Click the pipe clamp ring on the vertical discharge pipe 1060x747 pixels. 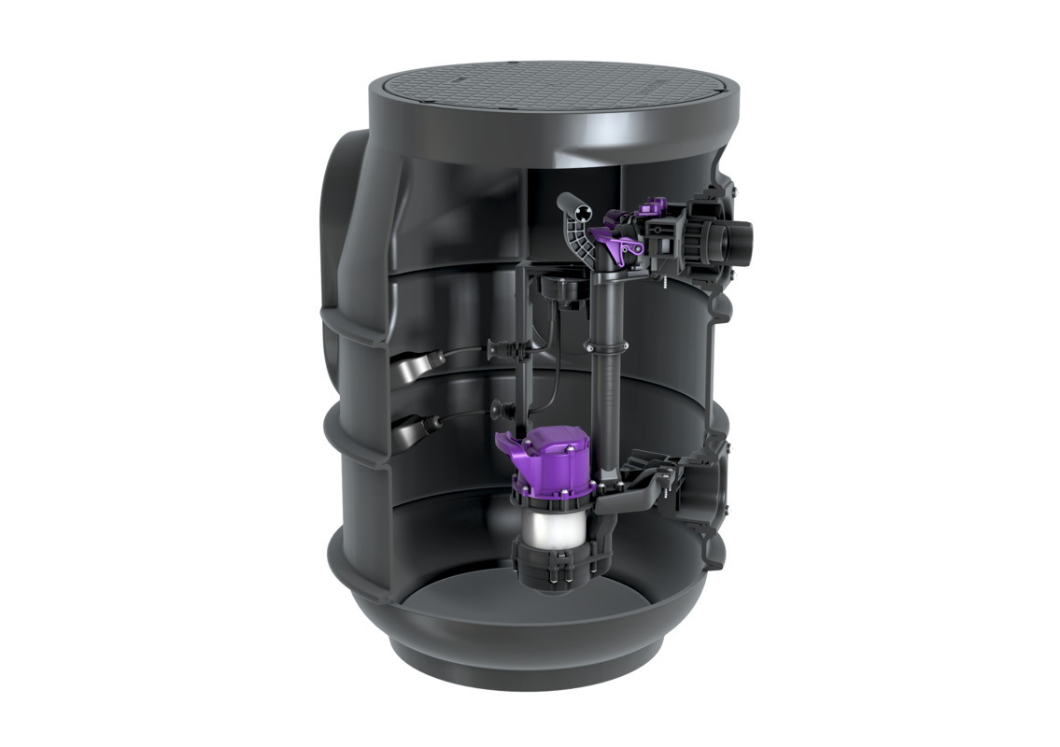tap(591, 348)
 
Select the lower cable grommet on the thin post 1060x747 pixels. tap(499, 407)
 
